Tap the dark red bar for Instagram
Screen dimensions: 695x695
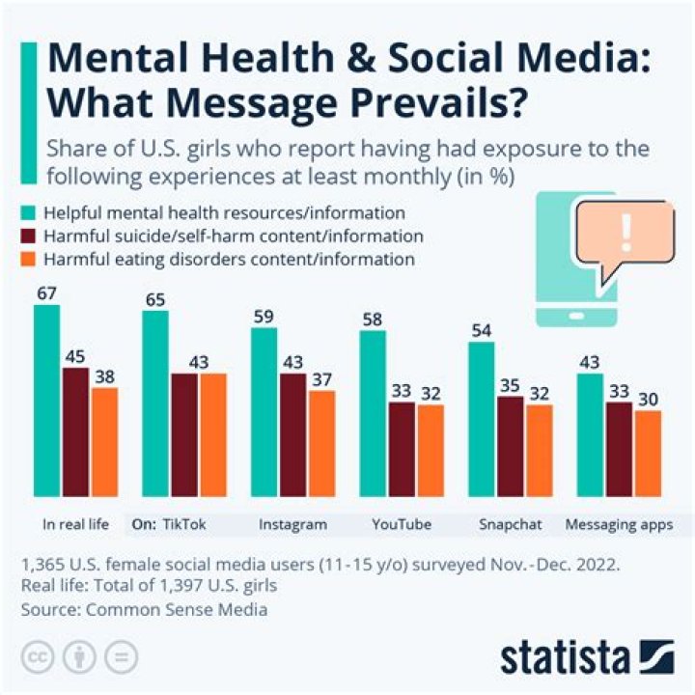[292, 434]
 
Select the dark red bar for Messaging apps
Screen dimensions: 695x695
[618, 449]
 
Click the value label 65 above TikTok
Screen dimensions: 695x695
[154, 299]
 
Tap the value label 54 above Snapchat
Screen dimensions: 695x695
[482, 331]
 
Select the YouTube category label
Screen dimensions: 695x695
[402, 525]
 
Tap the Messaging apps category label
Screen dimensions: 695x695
[618, 525]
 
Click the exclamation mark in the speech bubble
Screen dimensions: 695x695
[626, 232]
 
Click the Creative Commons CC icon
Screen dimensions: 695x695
[40, 657]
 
